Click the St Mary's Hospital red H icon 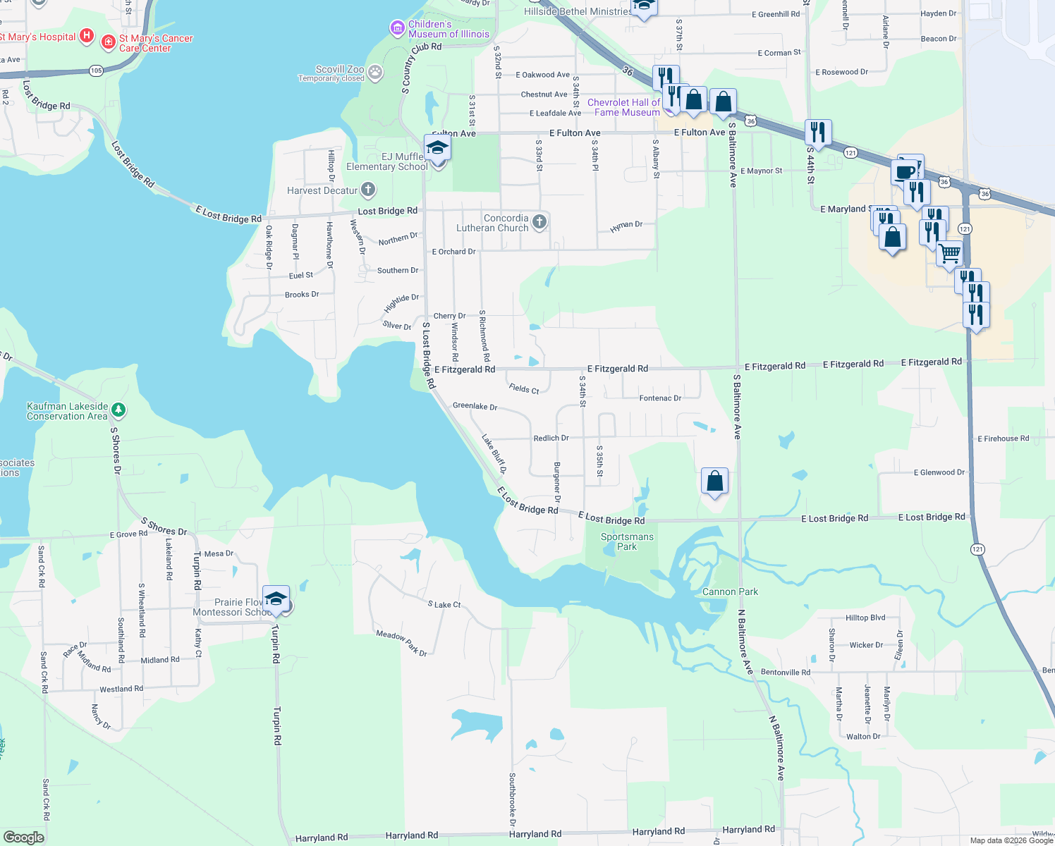(86, 35)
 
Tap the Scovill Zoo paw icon (375, 71)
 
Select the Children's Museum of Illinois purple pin (398, 28)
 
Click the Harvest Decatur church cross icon (367, 190)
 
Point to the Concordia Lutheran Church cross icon (539, 222)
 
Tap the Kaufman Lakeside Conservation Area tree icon (118, 410)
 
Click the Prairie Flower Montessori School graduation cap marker (276, 599)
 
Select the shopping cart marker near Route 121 (949, 253)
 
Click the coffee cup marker (904, 172)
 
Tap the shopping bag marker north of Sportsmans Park (714, 482)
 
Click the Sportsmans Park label (627, 541)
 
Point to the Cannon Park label (730, 591)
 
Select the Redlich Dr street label (551, 438)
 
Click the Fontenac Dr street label (660, 398)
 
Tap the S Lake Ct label (444, 604)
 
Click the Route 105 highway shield (97, 70)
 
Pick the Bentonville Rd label (786, 672)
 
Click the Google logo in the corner (23, 837)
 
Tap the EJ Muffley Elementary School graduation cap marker (437, 148)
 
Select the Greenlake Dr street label (475, 406)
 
